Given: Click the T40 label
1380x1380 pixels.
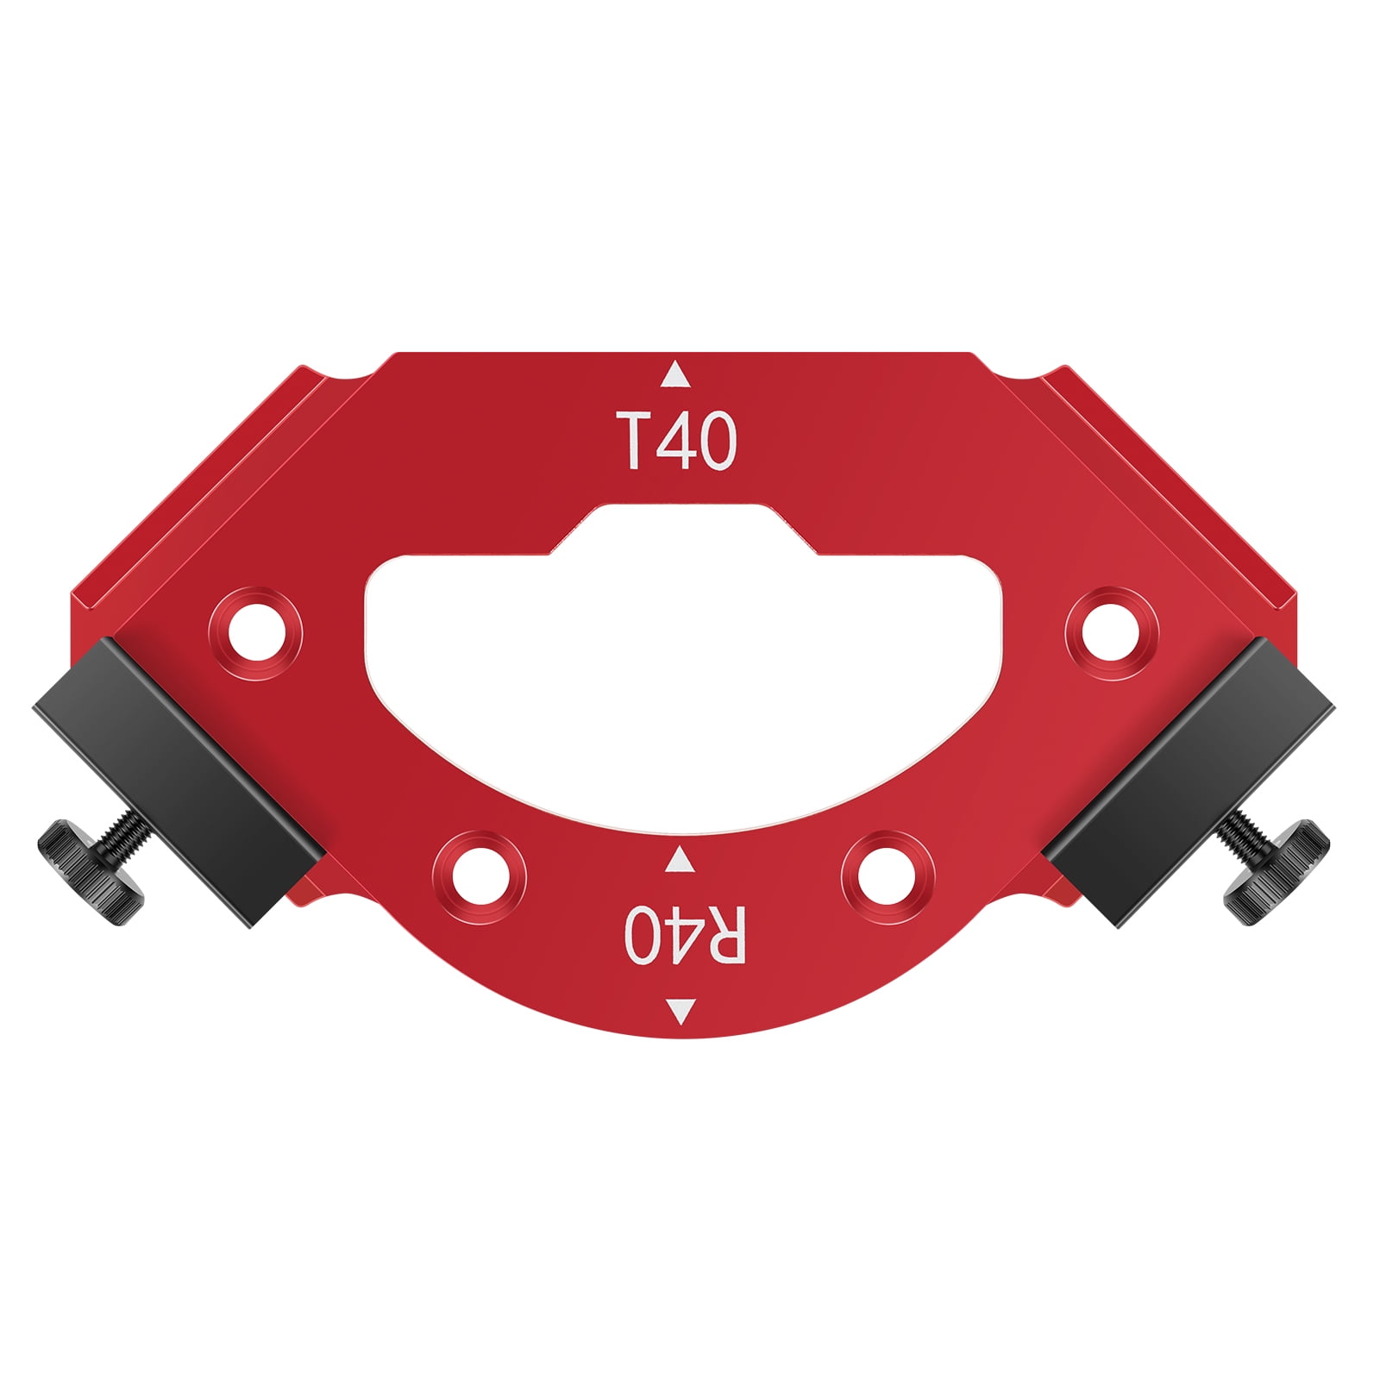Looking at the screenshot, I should coord(675,441).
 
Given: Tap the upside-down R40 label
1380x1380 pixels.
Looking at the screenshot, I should coord(684,935).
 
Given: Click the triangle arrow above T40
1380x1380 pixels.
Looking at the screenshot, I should coord(675,375).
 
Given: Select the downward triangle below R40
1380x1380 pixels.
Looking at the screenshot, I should coord(681,1010).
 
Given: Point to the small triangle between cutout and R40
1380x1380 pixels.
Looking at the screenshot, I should coord(681,860).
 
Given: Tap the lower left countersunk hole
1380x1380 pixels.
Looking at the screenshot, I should coord(480,877).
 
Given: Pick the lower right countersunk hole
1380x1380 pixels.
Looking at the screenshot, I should coord(887,877).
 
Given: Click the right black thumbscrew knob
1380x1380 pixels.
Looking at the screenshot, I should coord(1276,871).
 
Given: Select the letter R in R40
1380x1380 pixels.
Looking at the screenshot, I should coord(723,935).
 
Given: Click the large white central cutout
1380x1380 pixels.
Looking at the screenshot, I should coord(681,655).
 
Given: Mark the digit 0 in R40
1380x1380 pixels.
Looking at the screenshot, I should coord(643,935).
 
